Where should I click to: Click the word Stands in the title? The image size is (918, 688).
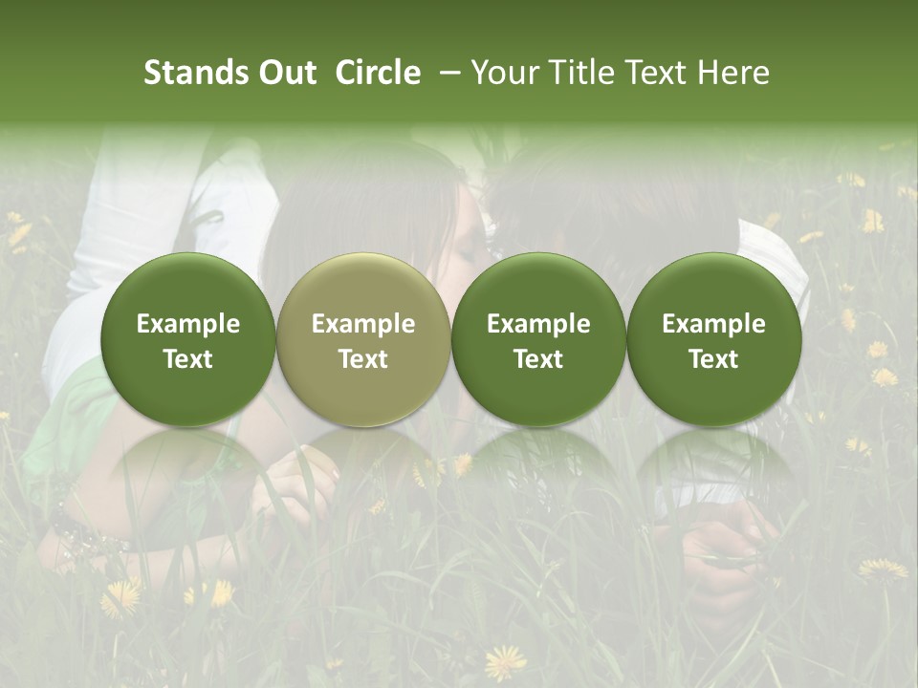click(x=186, y=73)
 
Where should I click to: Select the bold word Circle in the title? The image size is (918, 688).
click(x=378, y=73)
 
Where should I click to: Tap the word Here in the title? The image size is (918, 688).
click(x=734, y=73)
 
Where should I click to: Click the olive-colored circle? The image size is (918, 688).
click(x=363, y=339)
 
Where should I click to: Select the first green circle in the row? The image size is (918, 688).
click(x=188, y=339)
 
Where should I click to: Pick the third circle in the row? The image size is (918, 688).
click(x=538, y=339)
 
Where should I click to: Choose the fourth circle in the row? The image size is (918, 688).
click(x=713, y=339)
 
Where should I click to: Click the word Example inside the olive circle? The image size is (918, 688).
click(x=363, y=324)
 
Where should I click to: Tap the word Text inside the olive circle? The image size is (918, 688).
click(x=363, y=359)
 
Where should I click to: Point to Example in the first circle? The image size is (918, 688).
click(x=188, y=324)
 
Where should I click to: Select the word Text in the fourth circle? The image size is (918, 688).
click(x=713, y=359)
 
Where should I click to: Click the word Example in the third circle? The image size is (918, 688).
click(x=538, y=324)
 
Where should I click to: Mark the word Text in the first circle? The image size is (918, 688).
click(x=188, y=359)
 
